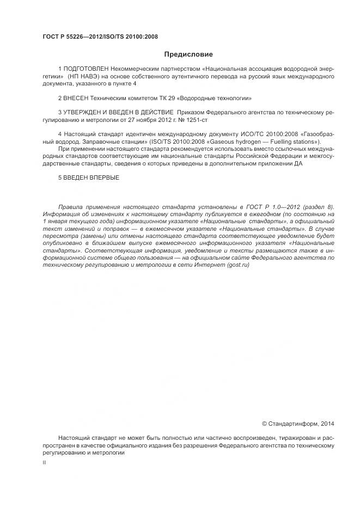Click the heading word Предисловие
tap(188, 54)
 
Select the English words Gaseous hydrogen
tap(229, 141)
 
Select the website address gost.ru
tap(236, 264)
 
